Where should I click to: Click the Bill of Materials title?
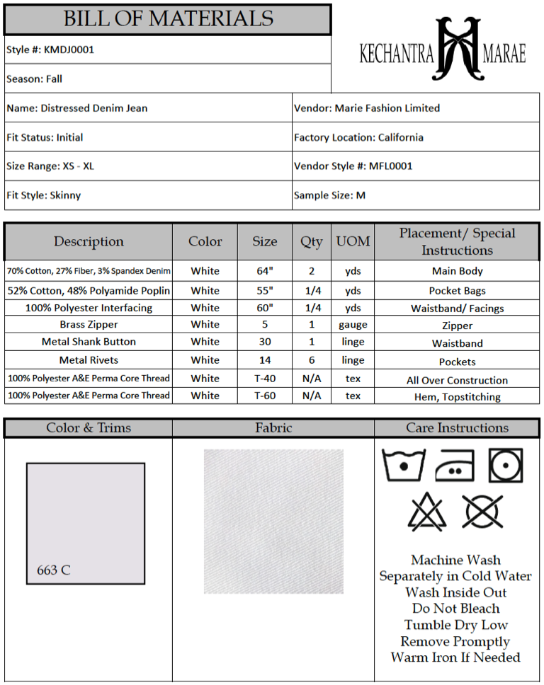pos(168,19)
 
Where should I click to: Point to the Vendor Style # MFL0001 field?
pos(353,166)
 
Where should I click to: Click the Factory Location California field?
pos(358,137)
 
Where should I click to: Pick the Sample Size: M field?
pos(329,195)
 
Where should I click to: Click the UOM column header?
pos(353,241)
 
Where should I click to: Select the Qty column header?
pos(312,241)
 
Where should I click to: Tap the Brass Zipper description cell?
pos(89,325)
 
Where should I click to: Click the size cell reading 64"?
pos(265,271)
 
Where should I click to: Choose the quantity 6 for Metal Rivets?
pos(312,360)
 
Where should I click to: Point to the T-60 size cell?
pos(265,396)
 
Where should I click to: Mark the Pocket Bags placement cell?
pos(457,291)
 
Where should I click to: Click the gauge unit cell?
pos(353,325)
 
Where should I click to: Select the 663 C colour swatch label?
pos(54,570)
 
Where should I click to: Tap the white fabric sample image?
pos(273,522)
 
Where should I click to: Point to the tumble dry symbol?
pos(506,465)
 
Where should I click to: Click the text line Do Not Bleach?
pos(456,609)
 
